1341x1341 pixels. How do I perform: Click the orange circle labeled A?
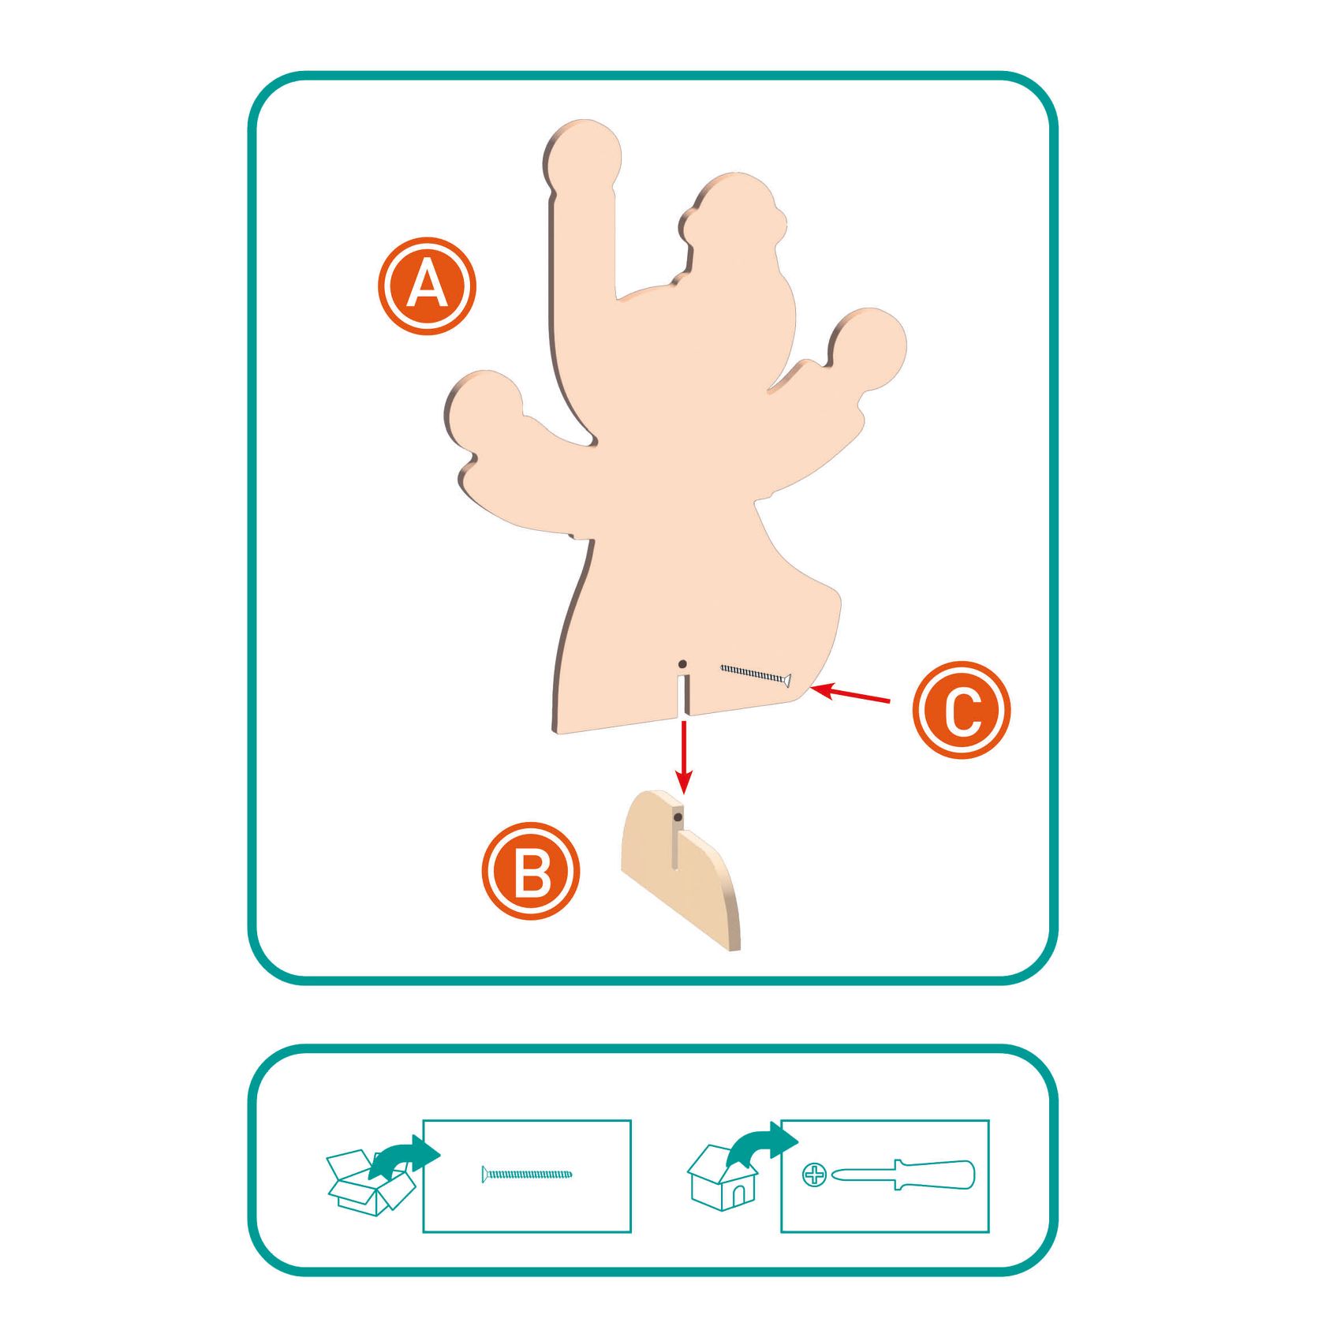[427, 286]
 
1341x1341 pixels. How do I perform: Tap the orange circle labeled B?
[531, 871]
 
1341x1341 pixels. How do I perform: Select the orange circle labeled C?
[962, 710]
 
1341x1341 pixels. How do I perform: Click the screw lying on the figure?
[756, 675]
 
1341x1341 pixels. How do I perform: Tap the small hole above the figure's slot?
[682, 664]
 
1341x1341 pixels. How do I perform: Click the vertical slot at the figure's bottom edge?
[683, 695]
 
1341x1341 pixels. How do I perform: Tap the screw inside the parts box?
[527, 1175]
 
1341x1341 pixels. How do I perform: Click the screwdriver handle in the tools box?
[935, 1175]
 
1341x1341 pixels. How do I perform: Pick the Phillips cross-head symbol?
[814, 1175]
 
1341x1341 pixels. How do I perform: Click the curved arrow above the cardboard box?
[404, 1156]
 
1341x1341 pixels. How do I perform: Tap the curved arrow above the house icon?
[762, 1143]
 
